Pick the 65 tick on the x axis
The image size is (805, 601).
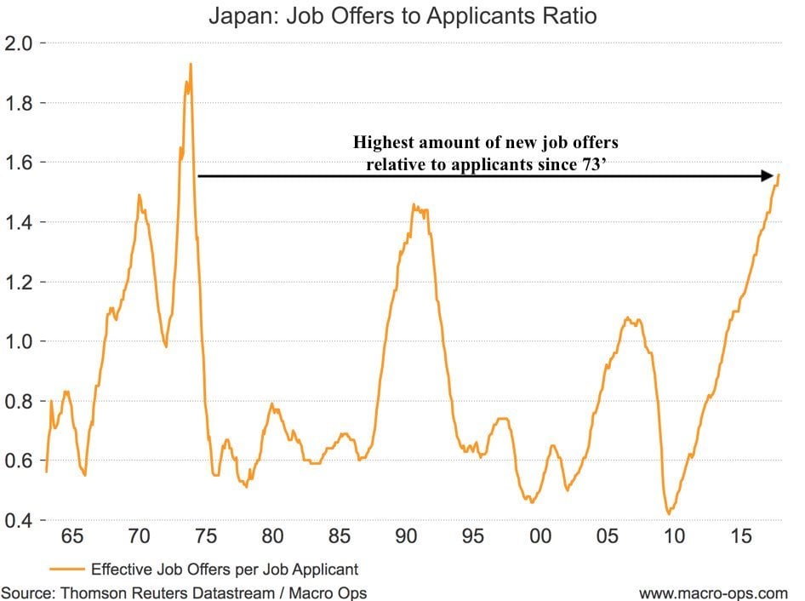pos(72,538)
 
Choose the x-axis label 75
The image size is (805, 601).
pos(206,538)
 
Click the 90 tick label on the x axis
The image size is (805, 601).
pos(406,538)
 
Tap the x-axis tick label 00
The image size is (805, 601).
pos(540,538)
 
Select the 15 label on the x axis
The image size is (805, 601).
pos(740,538)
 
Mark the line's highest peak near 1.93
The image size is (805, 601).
pos(191,64)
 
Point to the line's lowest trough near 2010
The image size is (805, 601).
pos(669,513)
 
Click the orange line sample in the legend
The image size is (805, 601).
pos(66,569)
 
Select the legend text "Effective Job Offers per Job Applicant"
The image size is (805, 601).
pos(225,569)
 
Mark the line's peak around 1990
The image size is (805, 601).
pos(414,204)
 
